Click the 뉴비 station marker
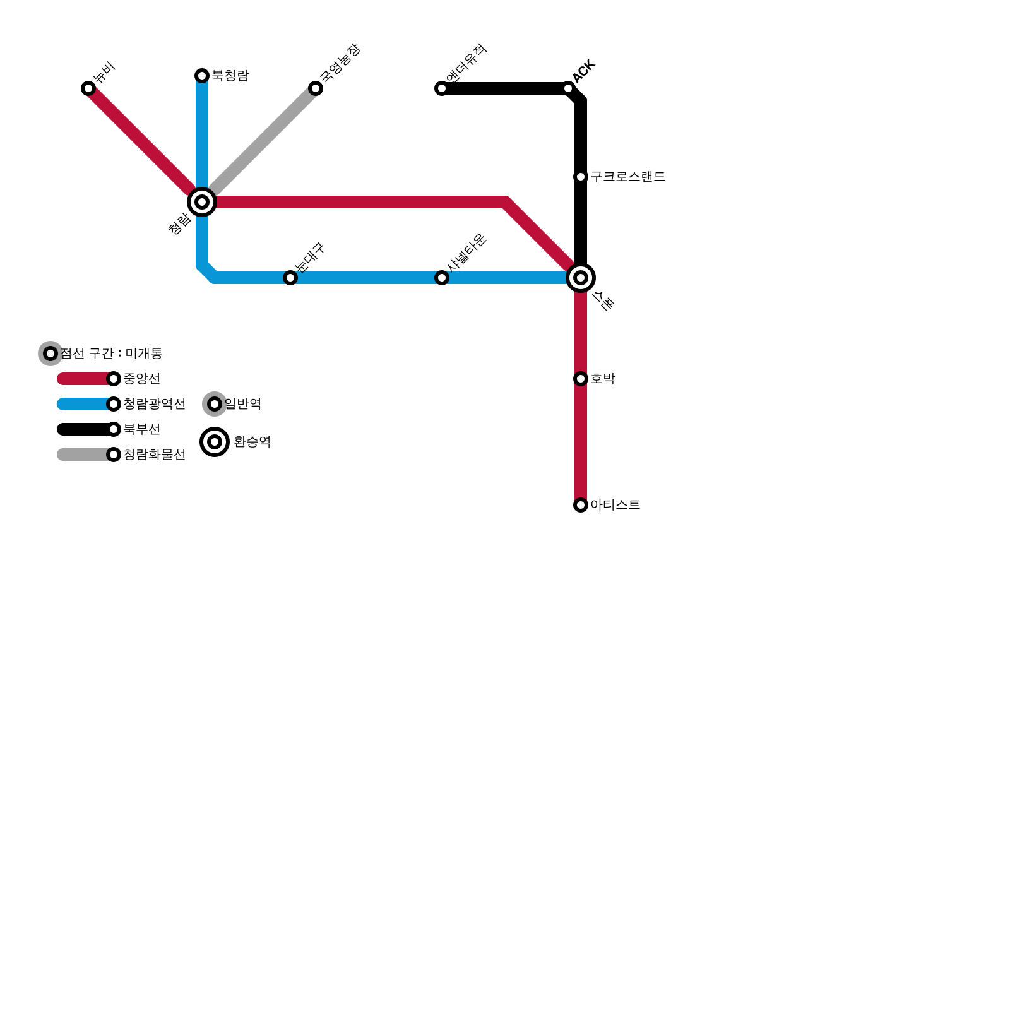[88, 88]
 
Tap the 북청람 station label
[230, 76]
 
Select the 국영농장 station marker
[316, 88]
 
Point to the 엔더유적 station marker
[442, 88]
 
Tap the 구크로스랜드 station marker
[581, 177]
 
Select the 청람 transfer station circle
[202, 202]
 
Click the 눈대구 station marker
[290, 278]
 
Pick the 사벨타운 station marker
[442, 278]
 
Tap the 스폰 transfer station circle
[581, 278]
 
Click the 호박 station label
[603, 379]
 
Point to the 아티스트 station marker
[581, 505]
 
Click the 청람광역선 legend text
[154, 404]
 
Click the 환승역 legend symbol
[215, 442]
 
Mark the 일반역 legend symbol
[215, 404]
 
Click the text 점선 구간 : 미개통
[112, 353]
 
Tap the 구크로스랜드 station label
[628, 177]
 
